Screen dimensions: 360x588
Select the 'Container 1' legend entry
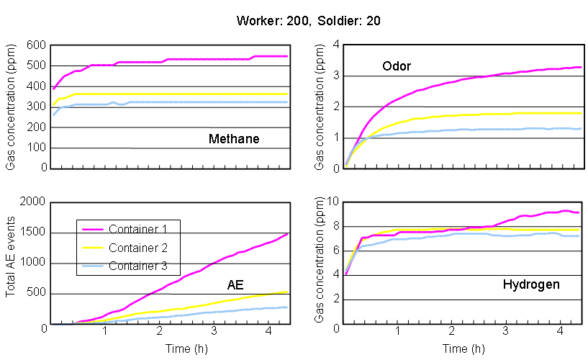pos(140,230)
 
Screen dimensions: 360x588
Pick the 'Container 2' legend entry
pos(140,248)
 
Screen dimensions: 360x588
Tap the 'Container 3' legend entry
pos(140,266)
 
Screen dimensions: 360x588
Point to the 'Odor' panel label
pos(395,67)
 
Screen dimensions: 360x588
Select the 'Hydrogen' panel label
pos(530,284)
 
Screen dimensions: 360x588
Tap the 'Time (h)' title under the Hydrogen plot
pos(463,349)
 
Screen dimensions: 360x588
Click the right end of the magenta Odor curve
pos(580,67)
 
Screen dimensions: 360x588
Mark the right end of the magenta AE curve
pos(288,233)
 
